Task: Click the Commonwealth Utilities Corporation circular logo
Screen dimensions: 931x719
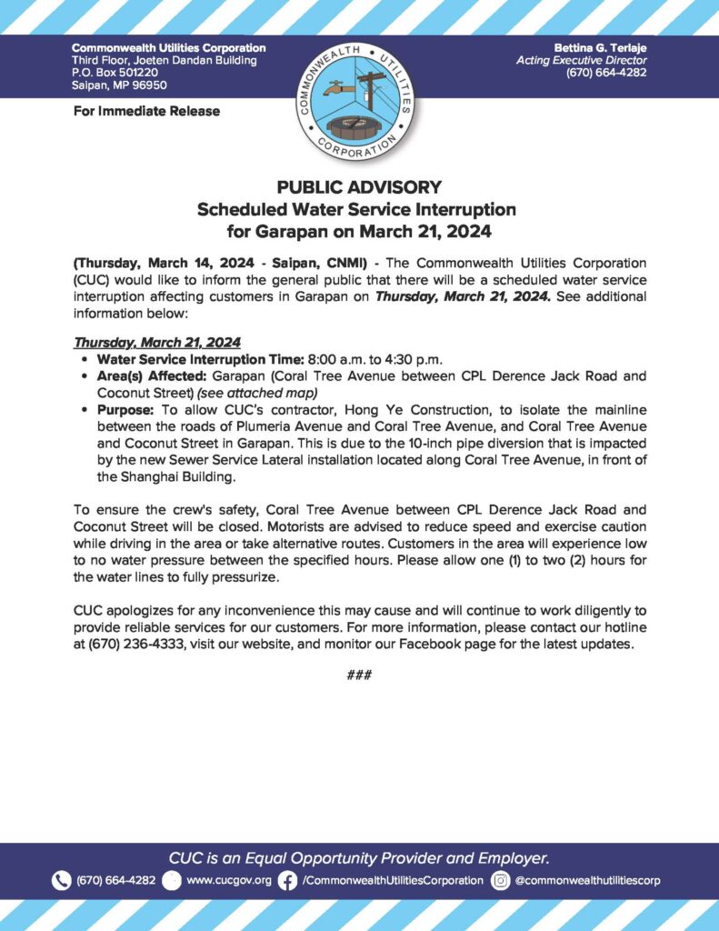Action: coord(359,100)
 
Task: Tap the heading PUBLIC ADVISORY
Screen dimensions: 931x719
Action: coord(359,188)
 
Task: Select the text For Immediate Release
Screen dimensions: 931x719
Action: coord(145,112)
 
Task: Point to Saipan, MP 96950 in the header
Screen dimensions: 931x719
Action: coord(121,85)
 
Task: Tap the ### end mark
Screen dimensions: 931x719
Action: coord(359,675)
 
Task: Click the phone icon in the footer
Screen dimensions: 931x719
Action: coord(61,880)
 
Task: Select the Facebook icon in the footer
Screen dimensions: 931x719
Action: coord(288,880)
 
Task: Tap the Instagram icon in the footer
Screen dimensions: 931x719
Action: coord(500,880)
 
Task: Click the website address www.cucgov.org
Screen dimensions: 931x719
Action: coord(229,880)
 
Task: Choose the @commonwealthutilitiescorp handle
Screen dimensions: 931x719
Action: coord(587,880)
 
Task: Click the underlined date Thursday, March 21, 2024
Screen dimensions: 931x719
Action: coord(156,342)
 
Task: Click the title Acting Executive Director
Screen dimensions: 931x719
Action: coord(581,60)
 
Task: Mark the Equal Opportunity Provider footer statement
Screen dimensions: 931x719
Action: coord(359,857)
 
